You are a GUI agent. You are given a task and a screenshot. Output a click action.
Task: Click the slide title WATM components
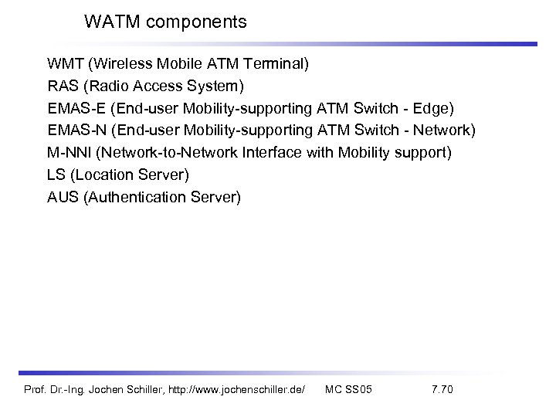pos(165,22)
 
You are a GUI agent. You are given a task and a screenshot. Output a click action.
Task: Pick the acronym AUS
pos(63,198)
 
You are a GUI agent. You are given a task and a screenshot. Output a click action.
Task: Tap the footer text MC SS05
pos(349,391)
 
